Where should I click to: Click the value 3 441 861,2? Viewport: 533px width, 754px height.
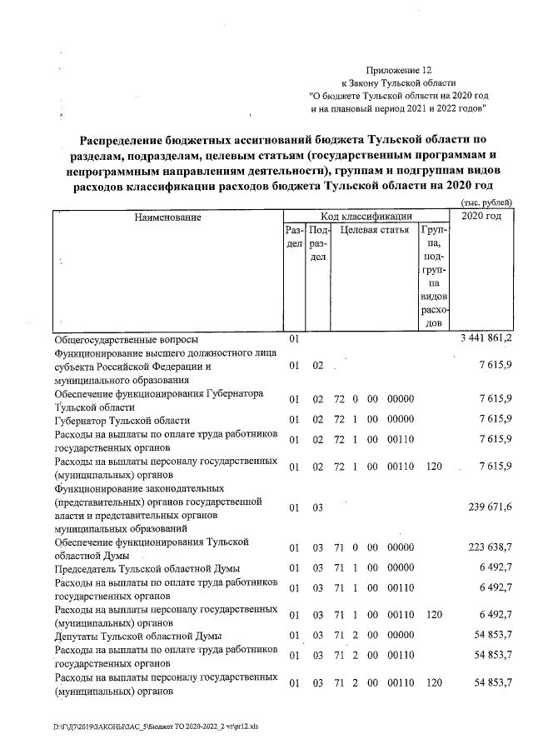(486, 340)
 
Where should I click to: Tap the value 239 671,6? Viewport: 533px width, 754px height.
(486, 507)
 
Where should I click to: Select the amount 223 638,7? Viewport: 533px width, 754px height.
(486, 547)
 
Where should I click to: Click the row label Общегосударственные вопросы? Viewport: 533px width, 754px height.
(126, 340)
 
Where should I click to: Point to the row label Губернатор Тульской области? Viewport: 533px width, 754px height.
(122, 421)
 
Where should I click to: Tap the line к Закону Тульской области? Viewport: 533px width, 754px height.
(399, 84)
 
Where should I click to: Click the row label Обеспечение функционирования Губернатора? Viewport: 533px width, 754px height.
(158, 393)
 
